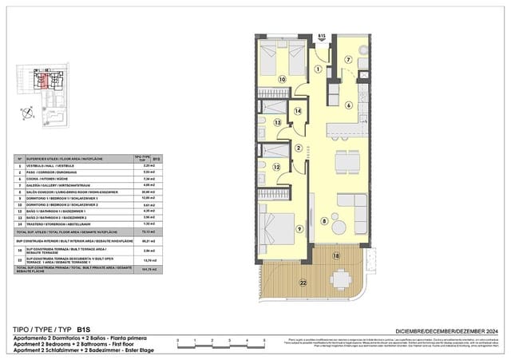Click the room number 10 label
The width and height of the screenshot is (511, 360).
click(282, 80)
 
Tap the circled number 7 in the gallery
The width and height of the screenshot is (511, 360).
click(349, 60)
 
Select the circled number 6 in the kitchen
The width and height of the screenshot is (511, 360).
click(348, 105)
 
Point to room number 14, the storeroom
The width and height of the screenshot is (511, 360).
click(297, 111)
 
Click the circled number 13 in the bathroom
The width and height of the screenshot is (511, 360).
click(278, 123)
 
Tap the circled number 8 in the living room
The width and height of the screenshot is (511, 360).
click(323, 221)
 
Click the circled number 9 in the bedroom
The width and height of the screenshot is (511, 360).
click(299, 230)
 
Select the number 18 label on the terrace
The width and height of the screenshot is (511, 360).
click(336, 256)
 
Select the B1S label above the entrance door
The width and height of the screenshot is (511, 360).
click(321, 36)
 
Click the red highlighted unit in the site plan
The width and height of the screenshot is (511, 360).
click(46, 80)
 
